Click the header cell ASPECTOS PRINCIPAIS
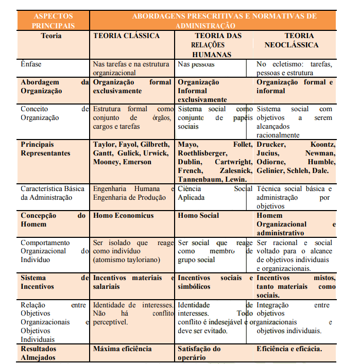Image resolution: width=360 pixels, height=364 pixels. (x=53, y=21)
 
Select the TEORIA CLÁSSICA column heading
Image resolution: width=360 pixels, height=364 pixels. (x=126, y=36)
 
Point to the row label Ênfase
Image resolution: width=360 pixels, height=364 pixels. (x=31, y=64)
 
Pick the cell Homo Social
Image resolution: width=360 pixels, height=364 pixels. (x=198, y=216)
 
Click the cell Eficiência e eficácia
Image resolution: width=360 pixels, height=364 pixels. (x=289, y=349)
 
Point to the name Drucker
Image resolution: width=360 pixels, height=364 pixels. (x=270, y=145)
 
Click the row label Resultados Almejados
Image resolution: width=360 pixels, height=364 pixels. (x=39, y=353)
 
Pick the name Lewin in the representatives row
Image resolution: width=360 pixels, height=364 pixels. (x=236, y=179)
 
